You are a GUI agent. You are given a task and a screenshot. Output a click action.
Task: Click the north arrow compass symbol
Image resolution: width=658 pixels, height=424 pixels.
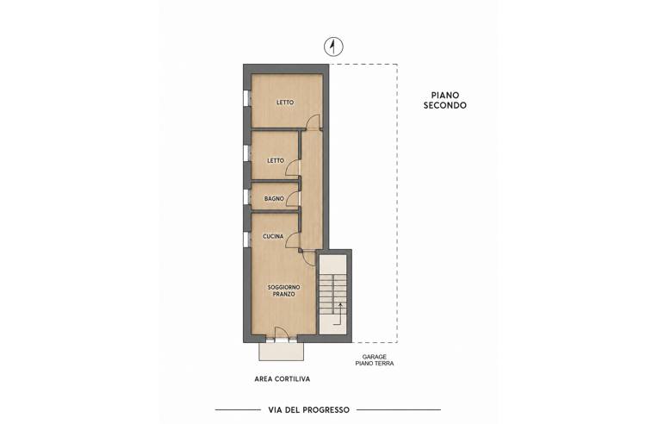pyautogui.click(x=333, y=47)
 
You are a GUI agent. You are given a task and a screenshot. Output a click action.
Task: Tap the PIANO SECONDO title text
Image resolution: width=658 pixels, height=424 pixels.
pyautogui.click(x=444, y=100)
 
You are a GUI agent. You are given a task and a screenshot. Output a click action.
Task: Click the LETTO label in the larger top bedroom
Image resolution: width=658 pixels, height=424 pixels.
pyautogui.click(x=285, y=103)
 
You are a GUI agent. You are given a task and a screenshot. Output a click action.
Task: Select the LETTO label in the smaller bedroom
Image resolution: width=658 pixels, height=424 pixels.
pyautogui.click(x=276, y=161)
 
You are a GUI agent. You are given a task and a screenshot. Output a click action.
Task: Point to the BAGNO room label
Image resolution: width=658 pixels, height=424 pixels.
pyautogui.click(x=274, y=198)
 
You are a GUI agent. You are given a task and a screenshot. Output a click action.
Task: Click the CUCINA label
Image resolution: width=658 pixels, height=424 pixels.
pyautogui.click(x=273, y=237)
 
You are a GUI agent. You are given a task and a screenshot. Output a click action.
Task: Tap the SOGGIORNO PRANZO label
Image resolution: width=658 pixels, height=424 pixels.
pyautogui.click(x=284, y=291)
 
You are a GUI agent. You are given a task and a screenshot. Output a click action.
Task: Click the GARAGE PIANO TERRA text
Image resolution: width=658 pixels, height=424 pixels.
pyautogui.click(x=375, y=360)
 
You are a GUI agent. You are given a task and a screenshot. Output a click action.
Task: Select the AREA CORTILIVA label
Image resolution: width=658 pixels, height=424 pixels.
pyautogui.click(x=282, y=379)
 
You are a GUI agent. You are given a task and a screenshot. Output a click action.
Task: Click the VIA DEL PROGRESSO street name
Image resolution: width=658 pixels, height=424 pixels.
pyautogui.click(x=309, y=409)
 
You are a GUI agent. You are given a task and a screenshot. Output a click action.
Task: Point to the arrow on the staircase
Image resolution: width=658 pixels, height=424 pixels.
pyautogui.click(x=338, y=314)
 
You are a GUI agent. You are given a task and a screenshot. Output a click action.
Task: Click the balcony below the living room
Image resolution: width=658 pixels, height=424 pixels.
pyautogui.click(x=281, y=351)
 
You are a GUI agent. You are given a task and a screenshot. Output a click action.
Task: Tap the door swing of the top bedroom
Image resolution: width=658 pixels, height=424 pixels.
pyautogui.click(x=313, y=122)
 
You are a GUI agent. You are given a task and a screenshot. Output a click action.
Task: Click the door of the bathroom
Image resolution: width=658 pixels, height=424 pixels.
pyautogui.click(x=293, y=198)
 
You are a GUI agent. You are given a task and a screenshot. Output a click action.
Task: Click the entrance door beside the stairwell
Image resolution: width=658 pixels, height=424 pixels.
pyautogui.click(x=309, y=259)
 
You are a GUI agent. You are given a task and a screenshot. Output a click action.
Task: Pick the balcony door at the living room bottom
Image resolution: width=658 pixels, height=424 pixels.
pyautogui.click(x=282, y=334)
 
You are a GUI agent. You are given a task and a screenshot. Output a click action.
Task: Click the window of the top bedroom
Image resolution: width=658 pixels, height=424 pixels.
pyautogui.click(x=246, y=98)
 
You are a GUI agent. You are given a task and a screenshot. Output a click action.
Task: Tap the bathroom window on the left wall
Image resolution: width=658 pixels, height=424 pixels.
pyautogui.click(x=246, y=197)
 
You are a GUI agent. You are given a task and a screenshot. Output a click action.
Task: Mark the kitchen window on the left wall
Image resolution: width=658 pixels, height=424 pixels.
pyautogui.click(x=246, y=239)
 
